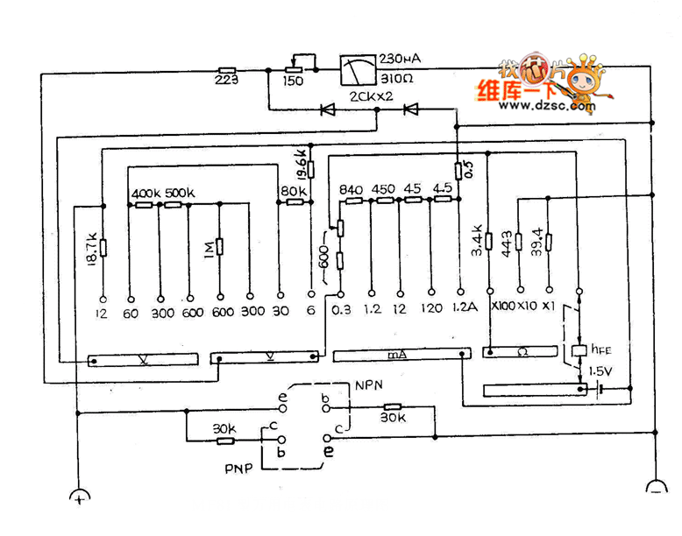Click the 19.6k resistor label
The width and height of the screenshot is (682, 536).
(x=301, y=161)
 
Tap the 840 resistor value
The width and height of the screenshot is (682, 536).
(x=352, y=188)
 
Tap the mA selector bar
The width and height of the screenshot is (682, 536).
(x=400, y=354)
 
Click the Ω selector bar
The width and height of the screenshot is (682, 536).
(x=520, y=352)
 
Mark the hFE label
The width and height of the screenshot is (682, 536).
(x=600, y=349)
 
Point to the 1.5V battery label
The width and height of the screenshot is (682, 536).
(x=601, y=371)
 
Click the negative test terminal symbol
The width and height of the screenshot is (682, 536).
(x=656, y=487)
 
